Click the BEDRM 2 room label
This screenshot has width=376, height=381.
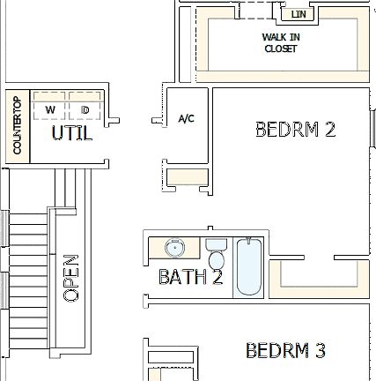tap(295, 130)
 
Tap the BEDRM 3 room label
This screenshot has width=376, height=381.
tap(286, 350)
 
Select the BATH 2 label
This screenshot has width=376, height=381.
tap(190, 277)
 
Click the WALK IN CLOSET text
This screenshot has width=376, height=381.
tap(280, 42)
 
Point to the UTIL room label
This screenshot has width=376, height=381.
tap(70, 134)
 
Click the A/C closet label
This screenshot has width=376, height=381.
tap(186, 117)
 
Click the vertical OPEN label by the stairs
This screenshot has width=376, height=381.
tap(71, 279)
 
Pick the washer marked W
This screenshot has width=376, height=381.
tap(50, 109)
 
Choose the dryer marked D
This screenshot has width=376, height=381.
tap(85, 109)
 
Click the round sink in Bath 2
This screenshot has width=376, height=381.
tap(173, 247)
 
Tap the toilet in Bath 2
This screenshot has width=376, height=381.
tap(215, 254)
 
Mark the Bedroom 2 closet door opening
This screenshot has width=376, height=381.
tap(320, 258)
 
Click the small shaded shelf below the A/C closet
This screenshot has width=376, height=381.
tap(186, 177)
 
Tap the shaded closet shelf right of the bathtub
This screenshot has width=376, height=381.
tap(319, 280)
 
